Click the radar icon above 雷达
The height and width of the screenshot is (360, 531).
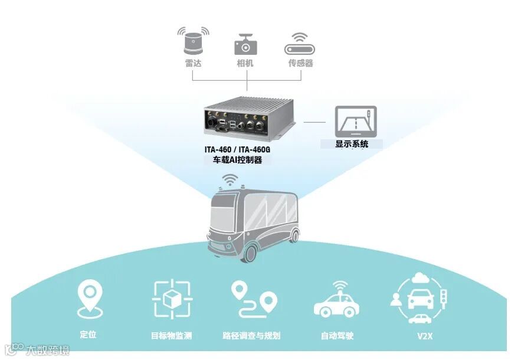(193, 41)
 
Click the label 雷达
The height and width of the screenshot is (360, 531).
(193, 63)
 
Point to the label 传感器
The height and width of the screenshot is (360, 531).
(300, 63)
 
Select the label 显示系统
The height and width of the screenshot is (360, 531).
(352, 143)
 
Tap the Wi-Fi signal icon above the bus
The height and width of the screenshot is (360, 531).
(230, 179)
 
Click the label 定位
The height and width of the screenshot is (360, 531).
(88, 335)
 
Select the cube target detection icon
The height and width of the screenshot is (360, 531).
(172, 300)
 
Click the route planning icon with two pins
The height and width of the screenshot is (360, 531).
(254, 299)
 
